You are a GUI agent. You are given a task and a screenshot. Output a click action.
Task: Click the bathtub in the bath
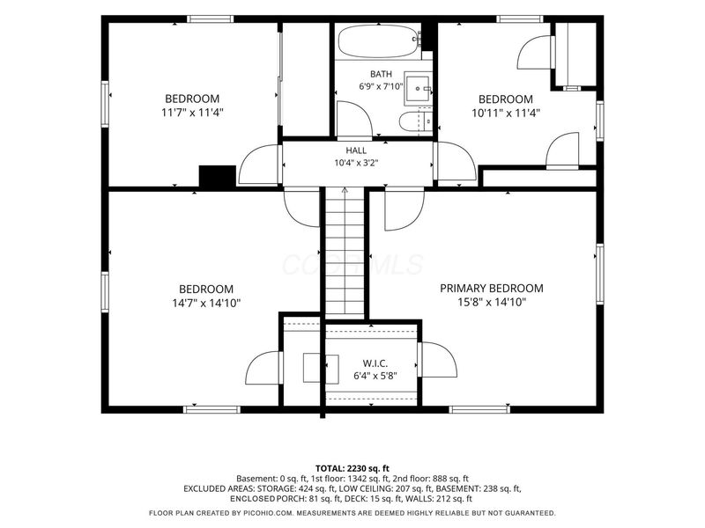coord(379,40)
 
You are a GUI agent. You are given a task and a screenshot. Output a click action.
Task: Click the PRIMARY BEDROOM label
coord(492,289)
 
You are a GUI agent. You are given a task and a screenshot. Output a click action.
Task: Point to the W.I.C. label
coord(375,363)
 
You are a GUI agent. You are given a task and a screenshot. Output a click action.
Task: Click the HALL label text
coord(356,150)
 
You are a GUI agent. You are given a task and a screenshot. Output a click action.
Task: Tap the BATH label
coord(381,74)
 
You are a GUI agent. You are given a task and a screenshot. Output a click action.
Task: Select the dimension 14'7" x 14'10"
coord(206,303)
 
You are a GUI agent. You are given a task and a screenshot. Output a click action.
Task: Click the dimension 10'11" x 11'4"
coord(505,113)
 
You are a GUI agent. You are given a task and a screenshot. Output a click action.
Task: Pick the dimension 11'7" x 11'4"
coord(192,113)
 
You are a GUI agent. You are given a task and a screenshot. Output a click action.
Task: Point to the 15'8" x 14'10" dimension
coord(492,302)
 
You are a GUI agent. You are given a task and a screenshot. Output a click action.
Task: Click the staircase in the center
coord(345,253)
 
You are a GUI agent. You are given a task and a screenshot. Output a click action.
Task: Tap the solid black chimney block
coord(218,175)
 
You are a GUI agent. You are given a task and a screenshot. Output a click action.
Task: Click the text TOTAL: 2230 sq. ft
coord(352,469)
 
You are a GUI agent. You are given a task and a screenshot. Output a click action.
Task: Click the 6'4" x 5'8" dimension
coord(375,376)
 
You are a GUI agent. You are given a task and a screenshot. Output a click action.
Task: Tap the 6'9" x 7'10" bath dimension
coord(381,86)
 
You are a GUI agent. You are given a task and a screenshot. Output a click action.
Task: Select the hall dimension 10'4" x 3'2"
coord(356,163)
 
